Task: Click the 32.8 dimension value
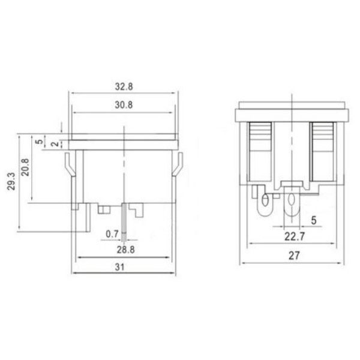[x=124, y=87]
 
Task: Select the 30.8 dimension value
[x=124, y=105]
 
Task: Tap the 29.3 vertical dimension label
[x=11, y=181]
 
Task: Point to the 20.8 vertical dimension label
[x=25, y=167]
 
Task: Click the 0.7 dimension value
[x=112, y=234]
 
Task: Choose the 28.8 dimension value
[x=125, y=250]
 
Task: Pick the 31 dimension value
[x=119, y=267]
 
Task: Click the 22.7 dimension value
[x=295, y=236]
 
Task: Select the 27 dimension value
[x=294, y=256]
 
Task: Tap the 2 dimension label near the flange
[x=55, y=144]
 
